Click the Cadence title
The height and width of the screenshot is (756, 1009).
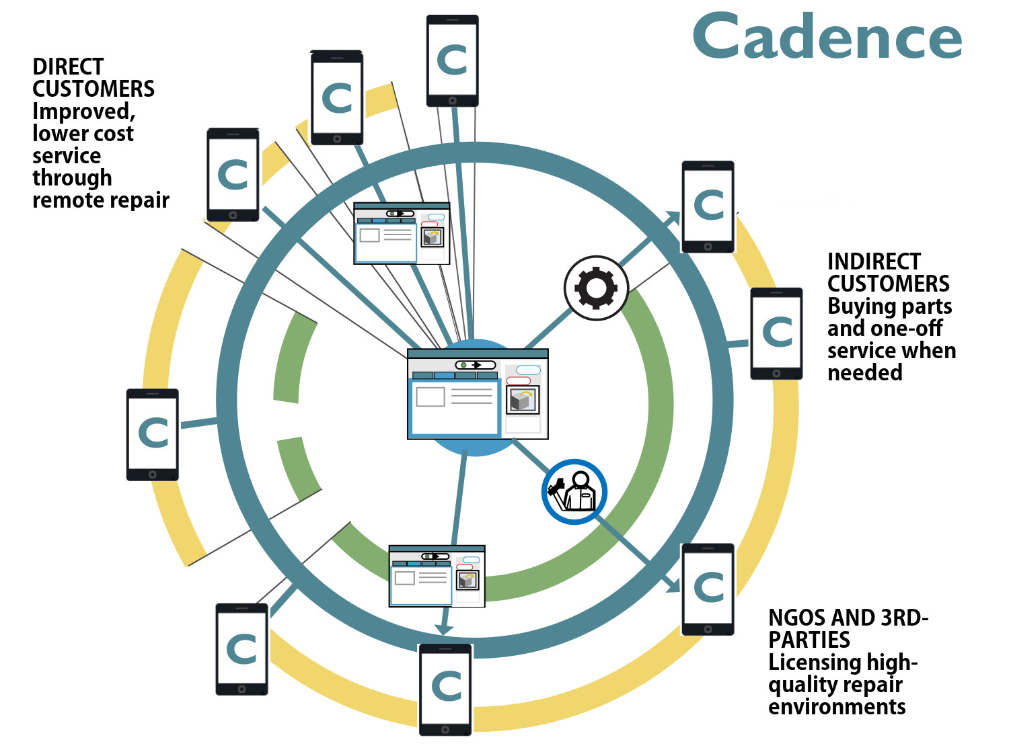coord(827,36)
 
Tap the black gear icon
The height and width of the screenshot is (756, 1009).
coord(596,288)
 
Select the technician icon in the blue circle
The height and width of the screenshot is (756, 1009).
coord(574,491)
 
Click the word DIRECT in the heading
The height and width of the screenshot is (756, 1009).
coord(68,67)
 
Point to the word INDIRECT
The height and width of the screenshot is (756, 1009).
coord(874,261)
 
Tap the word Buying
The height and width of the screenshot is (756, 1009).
coord(858,306)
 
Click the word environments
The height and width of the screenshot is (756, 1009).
coord(837,707)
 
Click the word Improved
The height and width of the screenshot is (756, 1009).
coord(83,111)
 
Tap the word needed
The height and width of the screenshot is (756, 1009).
coord(864,373)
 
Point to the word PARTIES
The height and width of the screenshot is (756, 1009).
coord(809,640)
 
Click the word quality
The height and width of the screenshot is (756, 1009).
coord(800,685)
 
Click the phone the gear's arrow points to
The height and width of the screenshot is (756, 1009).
coord(708,206)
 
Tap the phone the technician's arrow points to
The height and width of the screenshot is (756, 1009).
coord(708,589)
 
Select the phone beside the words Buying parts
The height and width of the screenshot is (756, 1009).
coord(776,333)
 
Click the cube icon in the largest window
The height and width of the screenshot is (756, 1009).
coord(523,401)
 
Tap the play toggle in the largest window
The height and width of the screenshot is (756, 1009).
coord(476,365)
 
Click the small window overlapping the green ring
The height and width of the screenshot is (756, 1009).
coord(437,576)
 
